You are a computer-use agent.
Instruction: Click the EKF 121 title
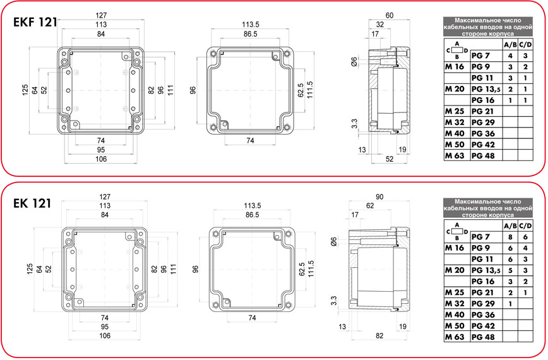click(35, 22)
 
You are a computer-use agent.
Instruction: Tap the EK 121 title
click(32, 203)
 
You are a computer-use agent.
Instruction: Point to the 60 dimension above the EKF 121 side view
click(390, 15)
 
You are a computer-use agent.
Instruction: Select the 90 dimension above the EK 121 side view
click(379, 197)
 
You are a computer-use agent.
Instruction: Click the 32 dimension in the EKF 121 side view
click(380, 25)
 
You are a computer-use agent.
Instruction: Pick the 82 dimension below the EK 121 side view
click(379, 335)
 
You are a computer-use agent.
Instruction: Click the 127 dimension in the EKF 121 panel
click(101, 15)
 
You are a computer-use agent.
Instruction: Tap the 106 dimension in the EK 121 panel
click(105, 335)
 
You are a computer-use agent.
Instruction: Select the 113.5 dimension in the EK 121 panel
click(253, 205)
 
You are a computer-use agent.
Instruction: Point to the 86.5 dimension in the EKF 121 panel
click(250, 34)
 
